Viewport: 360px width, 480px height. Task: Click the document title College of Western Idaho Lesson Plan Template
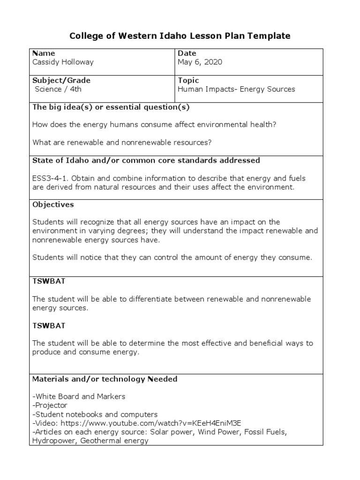tap(180, 36)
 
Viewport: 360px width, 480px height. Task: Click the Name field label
tap(44, 53)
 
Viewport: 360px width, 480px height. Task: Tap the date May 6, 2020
tap(200, 62)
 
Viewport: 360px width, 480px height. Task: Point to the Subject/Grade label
tap(61, 81)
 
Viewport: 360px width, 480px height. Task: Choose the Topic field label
tap(188, 81)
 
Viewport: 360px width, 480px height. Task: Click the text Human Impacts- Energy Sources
tap(237, 89)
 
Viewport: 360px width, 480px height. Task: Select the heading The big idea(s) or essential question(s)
tap(111, 107)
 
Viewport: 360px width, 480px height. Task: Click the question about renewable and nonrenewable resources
tap(122, 142)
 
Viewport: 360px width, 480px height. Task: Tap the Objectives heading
tap(53, 205)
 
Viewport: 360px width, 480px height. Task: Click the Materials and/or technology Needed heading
tap(105, 379)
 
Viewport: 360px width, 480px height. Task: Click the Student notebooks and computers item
tap(95, 414)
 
